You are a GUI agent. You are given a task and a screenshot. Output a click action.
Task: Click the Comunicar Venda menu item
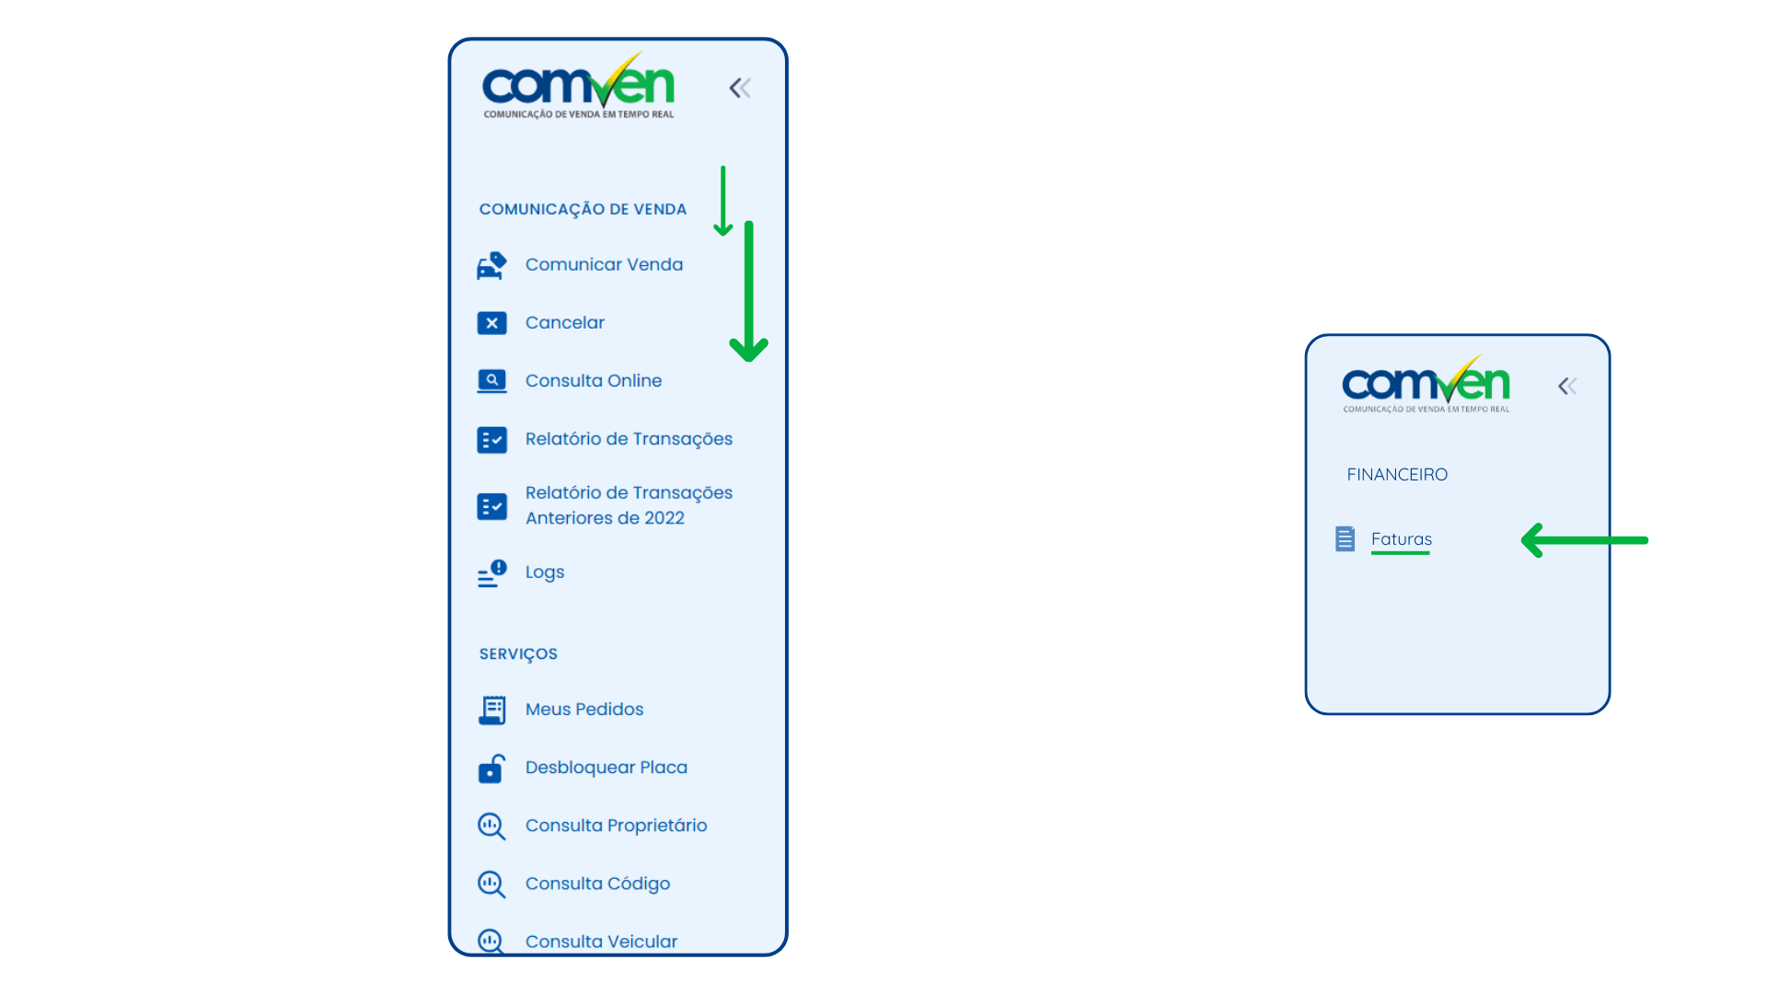click(604, 265)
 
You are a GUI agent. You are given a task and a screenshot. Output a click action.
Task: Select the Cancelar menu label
click(565, 323)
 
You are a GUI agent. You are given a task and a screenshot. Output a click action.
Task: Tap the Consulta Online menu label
click(594, 381)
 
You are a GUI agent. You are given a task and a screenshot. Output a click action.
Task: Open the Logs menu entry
click(545, 572)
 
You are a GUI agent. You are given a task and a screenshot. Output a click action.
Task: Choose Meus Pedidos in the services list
click(584, 710)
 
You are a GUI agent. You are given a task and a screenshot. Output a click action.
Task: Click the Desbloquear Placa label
click(606, 768)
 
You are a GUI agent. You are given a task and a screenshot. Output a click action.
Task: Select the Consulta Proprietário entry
click(617, 826)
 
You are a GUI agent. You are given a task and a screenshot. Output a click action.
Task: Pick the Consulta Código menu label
click(598, 884)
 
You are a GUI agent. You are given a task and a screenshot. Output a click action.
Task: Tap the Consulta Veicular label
click(602, 942)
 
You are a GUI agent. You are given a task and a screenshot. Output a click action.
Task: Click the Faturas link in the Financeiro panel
click(1402, 539)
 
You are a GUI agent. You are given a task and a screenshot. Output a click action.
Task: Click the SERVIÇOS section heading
click(518, 654)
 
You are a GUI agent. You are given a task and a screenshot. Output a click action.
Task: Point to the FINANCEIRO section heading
click(1397, 475)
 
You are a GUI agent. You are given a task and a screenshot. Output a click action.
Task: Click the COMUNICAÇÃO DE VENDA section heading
click(583, 210)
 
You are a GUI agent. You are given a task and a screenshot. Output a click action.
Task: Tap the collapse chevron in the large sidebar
click(741, 88)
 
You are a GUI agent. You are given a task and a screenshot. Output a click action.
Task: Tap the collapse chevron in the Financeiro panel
click(1568, 387)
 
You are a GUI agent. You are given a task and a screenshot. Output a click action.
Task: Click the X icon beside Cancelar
click(491, 323)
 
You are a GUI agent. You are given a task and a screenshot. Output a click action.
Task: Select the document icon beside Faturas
click(1345, 539)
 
